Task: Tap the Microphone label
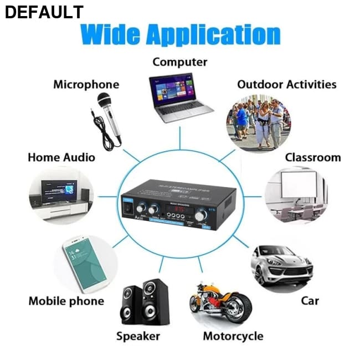pos(86,85)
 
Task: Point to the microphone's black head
pos(104,100)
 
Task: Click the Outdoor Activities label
pos(286,85)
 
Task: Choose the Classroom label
pos(312,157)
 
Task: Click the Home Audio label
pos(61,157)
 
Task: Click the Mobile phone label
pos(66,301)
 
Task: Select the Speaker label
pos(138,336)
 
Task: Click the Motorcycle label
pos(233,336)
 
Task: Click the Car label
pos(310,301)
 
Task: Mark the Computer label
pos(180,62)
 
